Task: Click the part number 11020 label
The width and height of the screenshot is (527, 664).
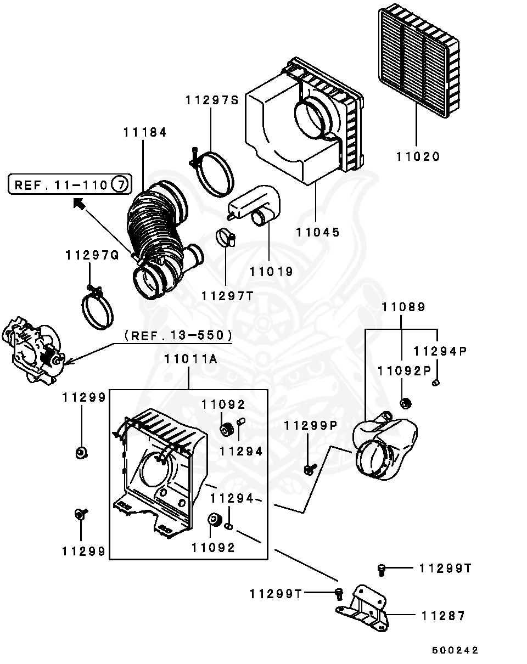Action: [418, 156]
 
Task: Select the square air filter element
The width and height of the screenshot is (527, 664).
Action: [419, 60]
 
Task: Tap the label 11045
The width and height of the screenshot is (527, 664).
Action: [318, 232]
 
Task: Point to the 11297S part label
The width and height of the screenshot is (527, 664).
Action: [212, 100]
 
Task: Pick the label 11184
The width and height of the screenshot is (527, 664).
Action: [145, 132]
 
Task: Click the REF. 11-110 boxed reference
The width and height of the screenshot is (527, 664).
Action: [70, 184]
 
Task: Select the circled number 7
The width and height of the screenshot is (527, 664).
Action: [120, 184]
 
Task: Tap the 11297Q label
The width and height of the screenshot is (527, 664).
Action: [92, 256]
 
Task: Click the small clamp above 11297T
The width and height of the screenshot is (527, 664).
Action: [226, 239]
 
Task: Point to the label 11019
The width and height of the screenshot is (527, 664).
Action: [271, 272]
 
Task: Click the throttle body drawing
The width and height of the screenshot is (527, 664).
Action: [33, 351]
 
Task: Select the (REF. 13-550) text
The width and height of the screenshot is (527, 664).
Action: [178, 335]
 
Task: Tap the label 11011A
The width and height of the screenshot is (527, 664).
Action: [191, 359]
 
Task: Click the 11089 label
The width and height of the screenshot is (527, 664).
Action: [403, 307]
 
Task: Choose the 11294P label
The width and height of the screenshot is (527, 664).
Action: [440, 351]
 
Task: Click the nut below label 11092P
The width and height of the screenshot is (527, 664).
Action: [405, 403]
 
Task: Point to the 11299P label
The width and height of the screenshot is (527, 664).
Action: [311, 426]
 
